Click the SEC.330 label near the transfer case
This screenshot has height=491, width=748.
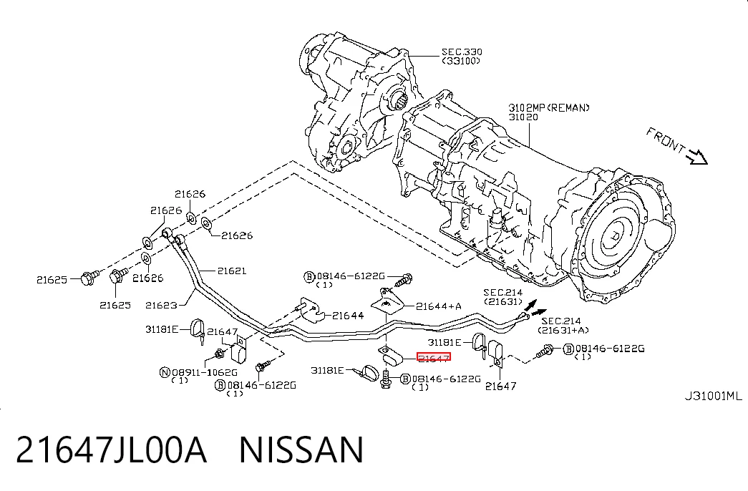[462, 52]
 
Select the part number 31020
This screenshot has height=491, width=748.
[523, 117]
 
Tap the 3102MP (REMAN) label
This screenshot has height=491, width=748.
[549, 107]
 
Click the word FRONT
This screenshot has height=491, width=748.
[666, 141]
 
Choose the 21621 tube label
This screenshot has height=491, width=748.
[232, 271]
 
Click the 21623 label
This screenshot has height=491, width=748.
[161, 305]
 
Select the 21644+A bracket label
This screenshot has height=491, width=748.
[438, 306]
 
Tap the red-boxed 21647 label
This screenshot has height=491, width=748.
[434, 358]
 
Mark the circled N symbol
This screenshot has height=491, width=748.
[165, 372]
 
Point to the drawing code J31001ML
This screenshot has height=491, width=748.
[713, 396]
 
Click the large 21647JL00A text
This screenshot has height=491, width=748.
[112, 449]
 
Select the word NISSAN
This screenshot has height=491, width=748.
[301, 449]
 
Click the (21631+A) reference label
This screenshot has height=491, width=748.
[563, 330]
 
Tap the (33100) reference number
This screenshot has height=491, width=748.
[461, 61]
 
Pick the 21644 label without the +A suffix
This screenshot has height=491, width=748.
[348, 316]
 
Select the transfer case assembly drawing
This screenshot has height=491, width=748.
[360, 102]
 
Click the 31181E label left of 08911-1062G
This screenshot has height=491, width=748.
[162, 329]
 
